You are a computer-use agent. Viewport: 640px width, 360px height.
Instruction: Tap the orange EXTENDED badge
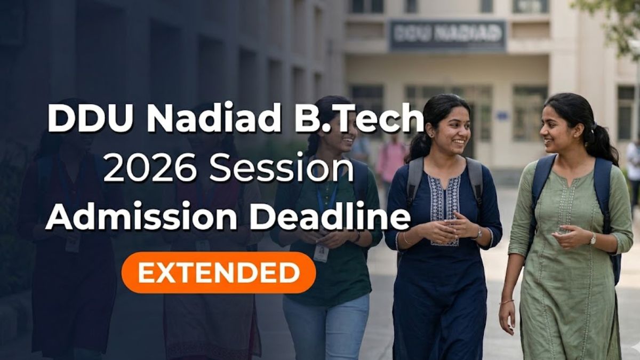tap(219, 273)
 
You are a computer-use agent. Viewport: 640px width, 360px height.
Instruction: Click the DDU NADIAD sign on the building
tap(447, 34)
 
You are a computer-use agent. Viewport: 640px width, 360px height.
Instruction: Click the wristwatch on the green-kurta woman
tap(593, 239)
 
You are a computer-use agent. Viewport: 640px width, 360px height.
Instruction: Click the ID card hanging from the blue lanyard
tap(321, 253)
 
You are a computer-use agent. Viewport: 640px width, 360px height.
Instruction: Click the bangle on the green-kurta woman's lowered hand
tap(507, 302)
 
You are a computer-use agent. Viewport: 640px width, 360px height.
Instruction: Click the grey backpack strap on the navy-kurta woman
tap(414, 180)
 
